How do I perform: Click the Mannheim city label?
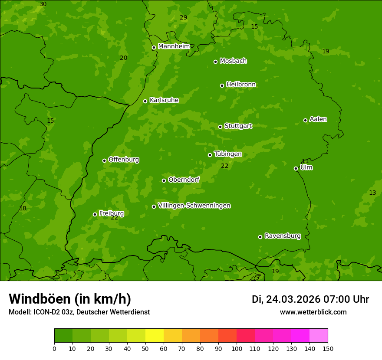(174, 46)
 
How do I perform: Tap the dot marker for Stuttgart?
(220, 127)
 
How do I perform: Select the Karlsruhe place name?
(164, 100)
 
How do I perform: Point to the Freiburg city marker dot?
(95, 214)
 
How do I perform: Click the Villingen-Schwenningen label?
(194, 206)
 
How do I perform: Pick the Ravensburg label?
(282, 236)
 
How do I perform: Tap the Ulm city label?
(306, 167)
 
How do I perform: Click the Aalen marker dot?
(305, 120)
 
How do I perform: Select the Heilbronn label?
(240, 85)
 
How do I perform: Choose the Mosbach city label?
(233, 61)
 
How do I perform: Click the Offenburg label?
(123, 160)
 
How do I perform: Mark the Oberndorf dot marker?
(164, 180)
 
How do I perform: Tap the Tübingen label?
(227, 154)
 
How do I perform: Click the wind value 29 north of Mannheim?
(183, 18)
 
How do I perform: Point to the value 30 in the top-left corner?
(43, 4)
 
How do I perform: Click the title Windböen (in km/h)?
(70, 299)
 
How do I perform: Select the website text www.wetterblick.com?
(313, 312)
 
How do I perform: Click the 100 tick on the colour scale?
(237, 348)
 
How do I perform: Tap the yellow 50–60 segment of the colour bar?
(155, 336)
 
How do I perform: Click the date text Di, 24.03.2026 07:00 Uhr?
(310, 299)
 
